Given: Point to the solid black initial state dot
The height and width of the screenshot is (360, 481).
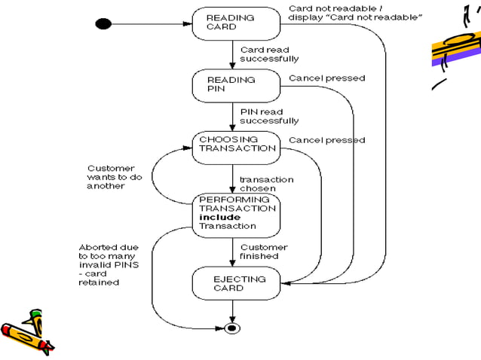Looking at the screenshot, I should pos(103,23).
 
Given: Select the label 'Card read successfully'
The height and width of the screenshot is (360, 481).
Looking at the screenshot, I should pos(269,54).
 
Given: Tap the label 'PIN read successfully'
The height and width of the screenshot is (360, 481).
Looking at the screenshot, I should pos(269,116).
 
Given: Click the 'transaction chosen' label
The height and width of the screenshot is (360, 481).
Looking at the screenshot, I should pos(266,184).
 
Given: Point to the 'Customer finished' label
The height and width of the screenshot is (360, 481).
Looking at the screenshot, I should pos(264,252).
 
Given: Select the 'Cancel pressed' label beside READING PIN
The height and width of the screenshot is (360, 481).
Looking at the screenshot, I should pos(326,78).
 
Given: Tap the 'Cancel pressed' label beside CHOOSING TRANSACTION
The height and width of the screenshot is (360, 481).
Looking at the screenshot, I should pos(326,140).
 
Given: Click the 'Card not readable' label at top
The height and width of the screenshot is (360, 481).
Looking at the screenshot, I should pos(354,13).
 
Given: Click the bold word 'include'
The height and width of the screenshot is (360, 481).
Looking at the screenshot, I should pos(219,217).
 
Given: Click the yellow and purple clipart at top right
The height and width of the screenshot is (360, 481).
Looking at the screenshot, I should pos(455,45).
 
